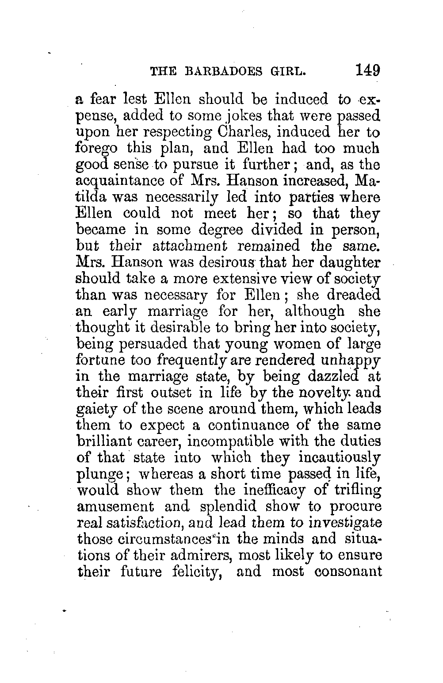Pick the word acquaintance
click(x=119, y=181)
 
